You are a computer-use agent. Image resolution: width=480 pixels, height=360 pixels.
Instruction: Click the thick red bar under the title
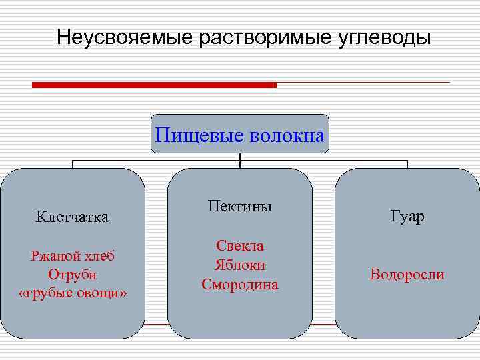point(154,85)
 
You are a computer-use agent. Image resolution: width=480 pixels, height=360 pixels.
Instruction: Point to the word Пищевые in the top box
point(199,136)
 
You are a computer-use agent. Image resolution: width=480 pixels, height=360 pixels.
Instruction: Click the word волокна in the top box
point(287,136)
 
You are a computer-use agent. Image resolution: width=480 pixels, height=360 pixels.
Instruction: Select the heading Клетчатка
point(73,217)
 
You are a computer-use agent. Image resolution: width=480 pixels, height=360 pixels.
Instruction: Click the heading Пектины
point(240,206)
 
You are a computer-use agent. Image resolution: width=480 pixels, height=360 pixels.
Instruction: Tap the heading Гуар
point(407,217)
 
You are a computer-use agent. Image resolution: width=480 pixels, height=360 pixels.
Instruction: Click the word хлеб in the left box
point(99,255)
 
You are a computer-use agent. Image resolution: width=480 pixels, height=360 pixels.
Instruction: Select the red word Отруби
point(73,275)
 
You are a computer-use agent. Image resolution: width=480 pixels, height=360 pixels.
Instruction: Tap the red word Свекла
point(240,245)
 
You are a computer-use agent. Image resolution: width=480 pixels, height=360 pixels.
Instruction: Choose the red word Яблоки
point(240,265)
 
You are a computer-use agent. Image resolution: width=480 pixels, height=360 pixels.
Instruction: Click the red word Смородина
point(240,285)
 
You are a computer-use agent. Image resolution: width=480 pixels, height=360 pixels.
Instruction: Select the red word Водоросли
point(407,275)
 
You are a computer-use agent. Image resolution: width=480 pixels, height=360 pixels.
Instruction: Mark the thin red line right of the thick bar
point(363,83)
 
